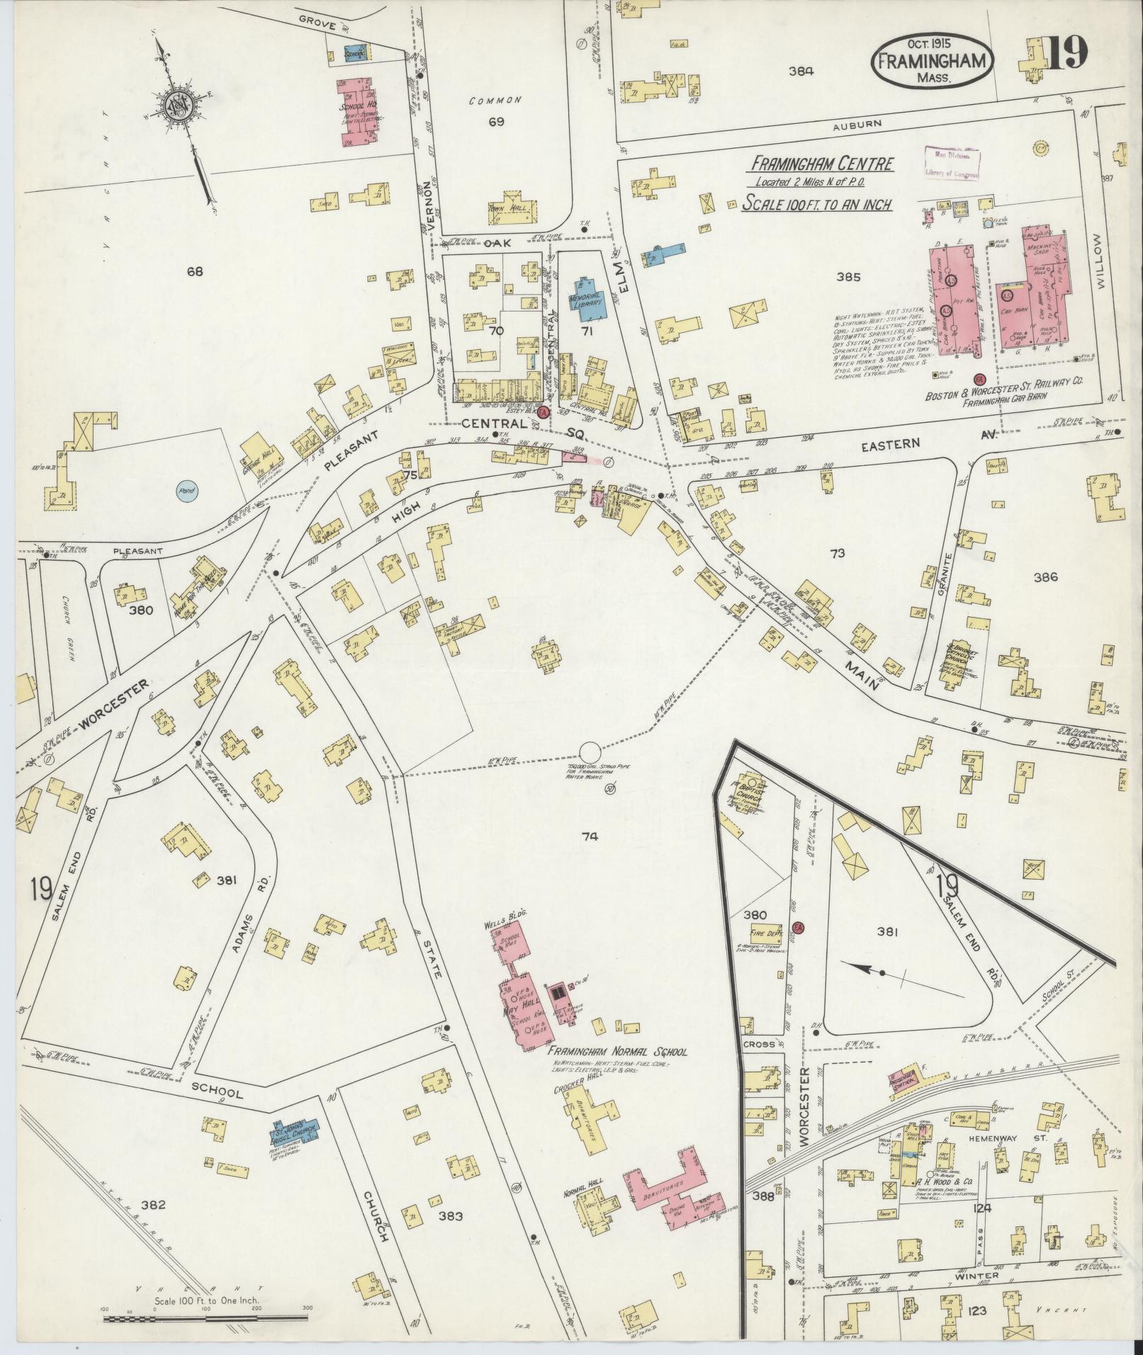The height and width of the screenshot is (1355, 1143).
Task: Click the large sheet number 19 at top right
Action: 1065,54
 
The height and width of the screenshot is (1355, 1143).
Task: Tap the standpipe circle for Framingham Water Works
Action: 590,753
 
